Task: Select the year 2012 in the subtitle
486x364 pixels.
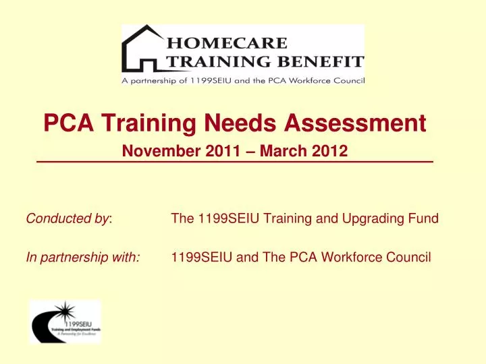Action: pyautogui.click(x=331, y=152)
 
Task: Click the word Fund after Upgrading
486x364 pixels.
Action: pyautogui.click(x=426, y=218)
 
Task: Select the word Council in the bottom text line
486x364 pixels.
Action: pyautogui.click(x=410, y=257)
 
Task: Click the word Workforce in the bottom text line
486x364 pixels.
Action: pyautogui.click(x=354, y=257)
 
